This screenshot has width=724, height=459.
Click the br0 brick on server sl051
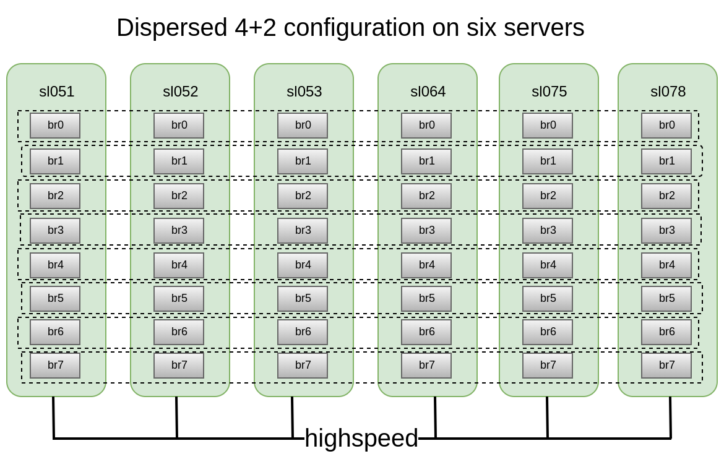click(x=55, y=126)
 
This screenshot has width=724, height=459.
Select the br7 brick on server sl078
click(x=666, y=365)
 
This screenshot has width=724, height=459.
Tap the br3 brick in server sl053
click(x=303, y=231)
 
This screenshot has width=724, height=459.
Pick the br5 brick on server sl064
click(x=426, y=299)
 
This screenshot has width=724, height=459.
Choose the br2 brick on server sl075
click(x=548, y=196)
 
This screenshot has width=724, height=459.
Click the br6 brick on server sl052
click(x=179, y=332)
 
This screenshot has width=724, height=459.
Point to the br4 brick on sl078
click(x=666, y=265)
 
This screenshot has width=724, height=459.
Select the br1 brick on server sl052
click(x=179, y=161)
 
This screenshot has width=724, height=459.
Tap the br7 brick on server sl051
click(x=55, y=365)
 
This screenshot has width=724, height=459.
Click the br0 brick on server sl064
click(x=426, y=126)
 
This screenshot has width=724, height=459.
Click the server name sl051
click(x=56, y=92)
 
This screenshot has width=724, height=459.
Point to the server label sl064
click(x=428, y=92)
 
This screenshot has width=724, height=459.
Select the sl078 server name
click(x=668, y=92)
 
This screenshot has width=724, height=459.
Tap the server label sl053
click(x=304, y=92)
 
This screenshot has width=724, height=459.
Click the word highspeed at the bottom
click(x=361, y=438)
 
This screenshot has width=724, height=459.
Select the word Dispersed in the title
click(x=171, y=28)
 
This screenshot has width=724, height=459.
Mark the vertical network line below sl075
click(x=547, y=418)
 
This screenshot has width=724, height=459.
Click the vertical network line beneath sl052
click(x=176, y=418)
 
